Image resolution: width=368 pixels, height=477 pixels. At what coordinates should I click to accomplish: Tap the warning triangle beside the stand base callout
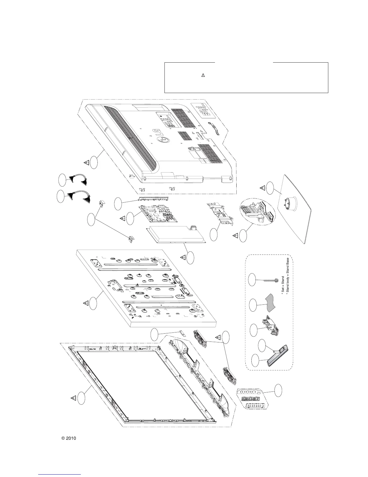click(x=262, y=188)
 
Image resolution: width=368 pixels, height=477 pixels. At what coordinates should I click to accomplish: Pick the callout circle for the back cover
click(x=94, y=163)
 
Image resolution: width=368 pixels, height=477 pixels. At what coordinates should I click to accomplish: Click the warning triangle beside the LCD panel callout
click(x=86, y=303)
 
